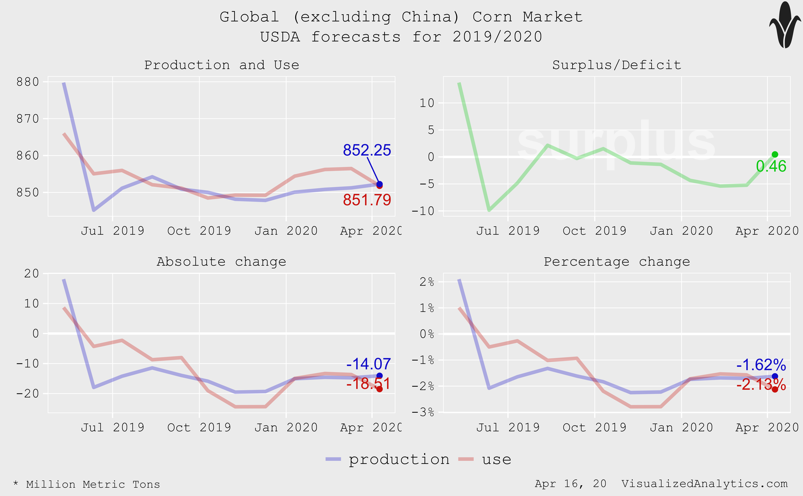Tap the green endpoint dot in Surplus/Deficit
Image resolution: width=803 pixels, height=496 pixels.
775,155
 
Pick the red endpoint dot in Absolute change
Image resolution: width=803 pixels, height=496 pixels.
379,389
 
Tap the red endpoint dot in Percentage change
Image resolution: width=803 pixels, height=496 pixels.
775,389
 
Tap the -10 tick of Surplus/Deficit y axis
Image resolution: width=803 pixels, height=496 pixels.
423,211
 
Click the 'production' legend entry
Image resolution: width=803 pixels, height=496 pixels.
399,459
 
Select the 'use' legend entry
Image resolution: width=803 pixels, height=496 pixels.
496,459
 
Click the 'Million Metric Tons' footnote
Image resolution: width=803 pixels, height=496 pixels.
93,484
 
